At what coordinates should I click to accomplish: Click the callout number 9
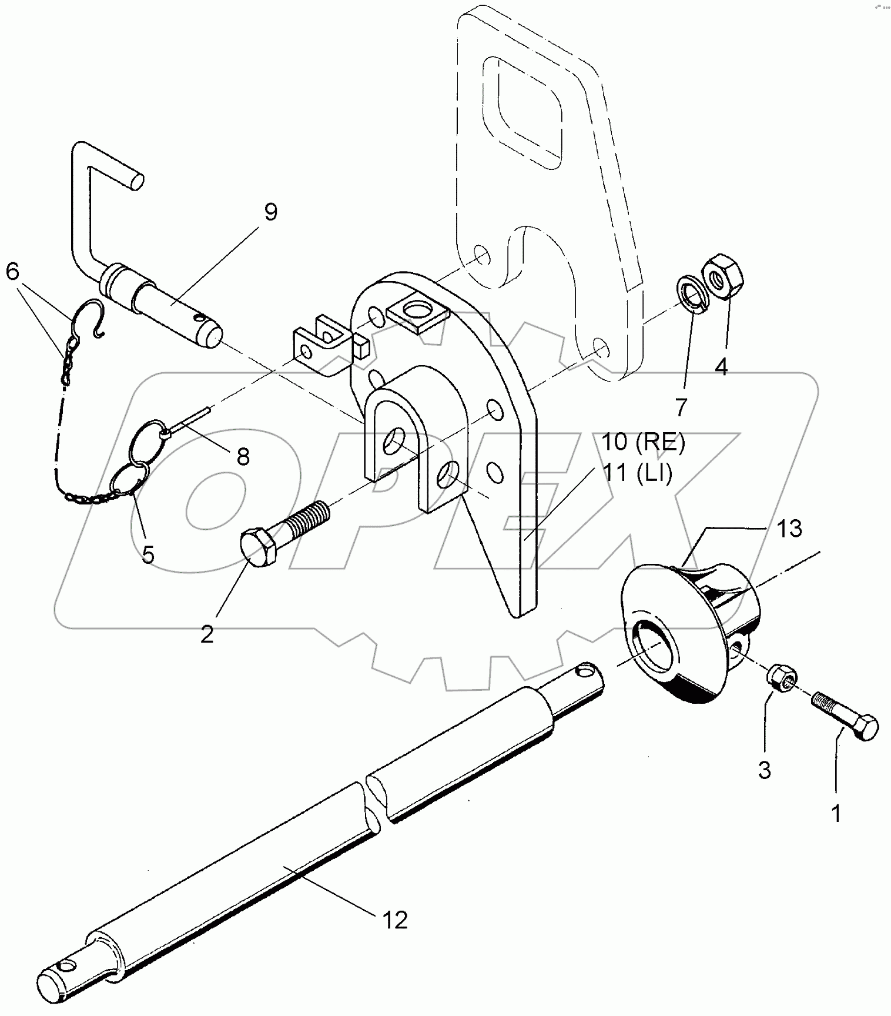pos(270,212)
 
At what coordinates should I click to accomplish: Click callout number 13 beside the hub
pos(790,529)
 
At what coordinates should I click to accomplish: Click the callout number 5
pos(148,553)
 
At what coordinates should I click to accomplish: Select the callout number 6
pos(13,272)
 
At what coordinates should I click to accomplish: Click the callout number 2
pos(207,634)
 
